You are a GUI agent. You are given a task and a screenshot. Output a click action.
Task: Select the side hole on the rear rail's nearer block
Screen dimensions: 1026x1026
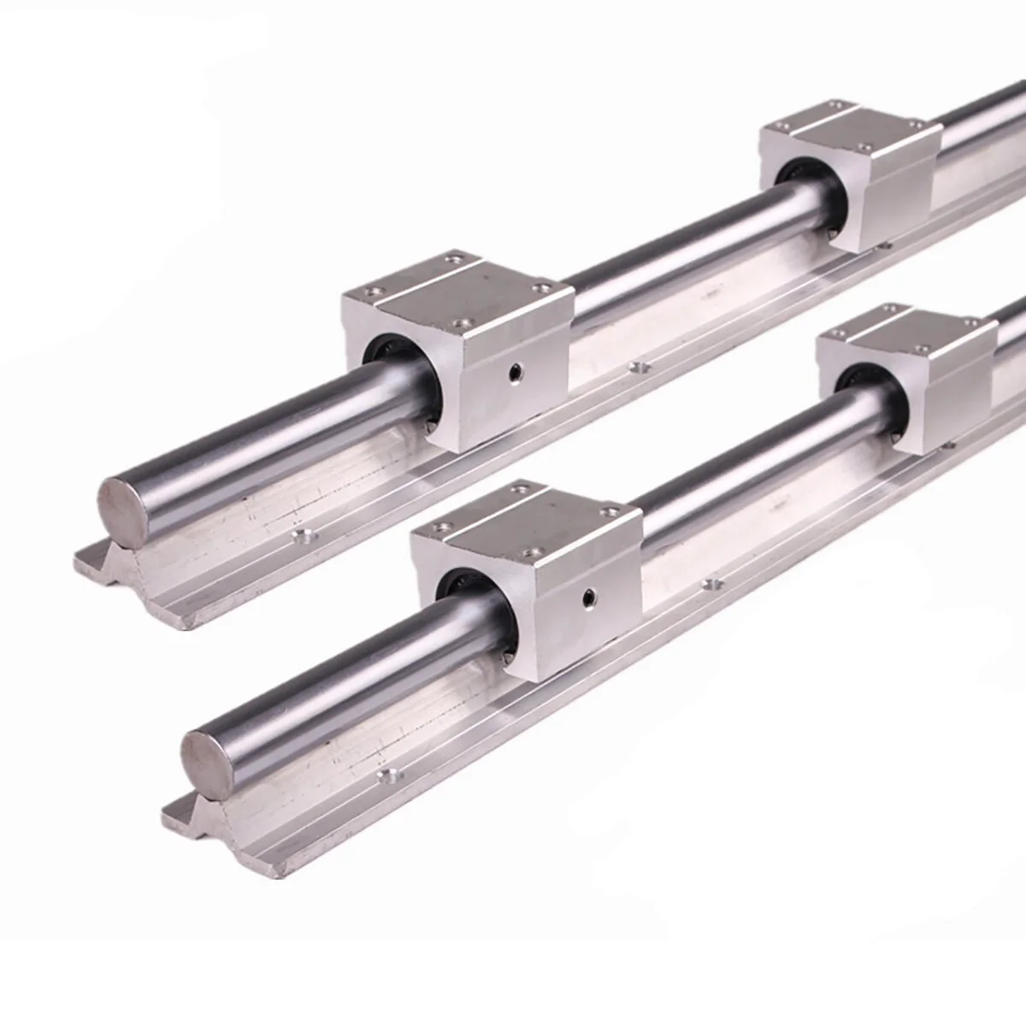pos(514,370)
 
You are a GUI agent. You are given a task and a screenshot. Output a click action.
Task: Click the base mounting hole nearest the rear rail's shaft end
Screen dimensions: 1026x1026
pos(302,537)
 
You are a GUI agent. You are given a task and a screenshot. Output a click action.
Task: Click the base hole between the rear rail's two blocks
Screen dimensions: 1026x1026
pos(635,369)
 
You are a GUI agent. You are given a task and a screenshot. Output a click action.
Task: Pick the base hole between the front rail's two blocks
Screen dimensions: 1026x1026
pos(708,585)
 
